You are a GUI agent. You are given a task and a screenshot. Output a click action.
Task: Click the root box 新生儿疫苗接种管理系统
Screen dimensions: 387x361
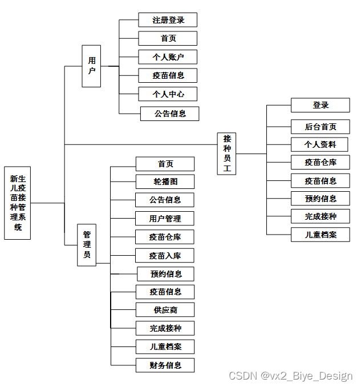click(x=17, y=203)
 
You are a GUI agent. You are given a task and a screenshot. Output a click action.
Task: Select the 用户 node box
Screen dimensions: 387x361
click(x=91, y=66)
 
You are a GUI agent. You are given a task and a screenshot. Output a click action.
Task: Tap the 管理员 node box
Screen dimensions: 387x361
click(x=87, y=245)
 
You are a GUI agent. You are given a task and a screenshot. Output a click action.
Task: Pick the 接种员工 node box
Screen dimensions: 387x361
click(x=227, y=154)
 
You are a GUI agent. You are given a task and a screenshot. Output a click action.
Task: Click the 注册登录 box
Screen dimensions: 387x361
click(x=168, y=20)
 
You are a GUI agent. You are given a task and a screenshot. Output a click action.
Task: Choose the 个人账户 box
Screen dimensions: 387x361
click(x=168, y=57)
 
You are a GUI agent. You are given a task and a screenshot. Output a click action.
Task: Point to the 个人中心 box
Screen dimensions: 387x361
click(x=168, y=94)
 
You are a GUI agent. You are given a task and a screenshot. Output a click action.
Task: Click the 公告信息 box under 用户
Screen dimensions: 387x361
click(x=170, y=113)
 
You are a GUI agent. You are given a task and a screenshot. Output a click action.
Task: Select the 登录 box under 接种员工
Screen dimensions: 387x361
click(x=320, y=105)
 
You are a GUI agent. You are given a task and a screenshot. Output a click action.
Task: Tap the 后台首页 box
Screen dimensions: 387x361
click(x=320, y=126)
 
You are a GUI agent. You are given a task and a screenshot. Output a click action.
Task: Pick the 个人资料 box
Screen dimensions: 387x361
click(x=320, y=144)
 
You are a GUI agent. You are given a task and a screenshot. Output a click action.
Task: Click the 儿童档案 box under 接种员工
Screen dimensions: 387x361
click(x=320, y=234)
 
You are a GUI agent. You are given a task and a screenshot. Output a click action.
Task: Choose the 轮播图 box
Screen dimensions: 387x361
click(x=165, y=182)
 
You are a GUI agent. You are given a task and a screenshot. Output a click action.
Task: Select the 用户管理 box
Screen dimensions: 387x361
click(x=165, y=218)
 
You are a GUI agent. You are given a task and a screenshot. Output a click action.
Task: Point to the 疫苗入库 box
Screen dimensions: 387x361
click(x=165, y=255)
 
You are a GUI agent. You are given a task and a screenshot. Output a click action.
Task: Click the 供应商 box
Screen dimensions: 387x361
click(x=165, y=309)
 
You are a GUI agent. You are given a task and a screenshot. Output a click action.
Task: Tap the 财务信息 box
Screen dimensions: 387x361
click(x=165, y=365)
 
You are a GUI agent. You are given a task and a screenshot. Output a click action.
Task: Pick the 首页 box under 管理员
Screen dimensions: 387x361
click(x=165, y=164)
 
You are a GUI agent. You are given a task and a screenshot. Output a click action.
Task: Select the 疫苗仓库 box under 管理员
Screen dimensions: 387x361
click(x=165, y=236)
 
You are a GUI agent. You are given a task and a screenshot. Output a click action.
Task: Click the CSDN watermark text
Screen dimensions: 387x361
click(x=290, y=376)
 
